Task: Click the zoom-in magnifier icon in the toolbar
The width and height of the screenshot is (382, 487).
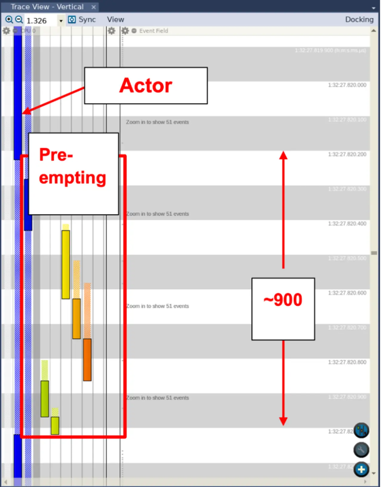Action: coord(9,20)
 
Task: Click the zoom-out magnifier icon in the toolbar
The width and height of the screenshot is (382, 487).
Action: coord(19,20)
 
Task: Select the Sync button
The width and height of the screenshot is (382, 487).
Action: coord(82,20)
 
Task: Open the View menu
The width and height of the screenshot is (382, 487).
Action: coord(115,20)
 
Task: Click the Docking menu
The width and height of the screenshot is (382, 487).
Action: coord(359,20)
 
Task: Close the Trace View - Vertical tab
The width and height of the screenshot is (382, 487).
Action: coord(93,7)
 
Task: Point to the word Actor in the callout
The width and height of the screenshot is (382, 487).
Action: coord(146,86)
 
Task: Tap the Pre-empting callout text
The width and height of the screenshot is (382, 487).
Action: coord(73,166)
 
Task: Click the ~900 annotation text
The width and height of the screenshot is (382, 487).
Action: coord(283,300)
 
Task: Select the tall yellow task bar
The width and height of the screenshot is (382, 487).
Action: coord(66,264)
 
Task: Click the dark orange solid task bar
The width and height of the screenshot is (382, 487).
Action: coord(87,360)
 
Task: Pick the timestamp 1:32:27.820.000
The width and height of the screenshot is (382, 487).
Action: coord(347,85)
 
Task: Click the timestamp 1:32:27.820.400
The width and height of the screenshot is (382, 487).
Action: coord(347,224)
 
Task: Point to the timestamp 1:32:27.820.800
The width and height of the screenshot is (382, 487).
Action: coord(347,362)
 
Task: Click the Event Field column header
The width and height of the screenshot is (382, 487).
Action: coord(153,31)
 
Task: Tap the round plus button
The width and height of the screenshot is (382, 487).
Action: coord(361,469)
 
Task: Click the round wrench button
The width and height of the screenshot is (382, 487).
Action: coord(361,450)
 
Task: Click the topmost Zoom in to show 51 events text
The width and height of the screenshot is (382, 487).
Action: coord(157,122)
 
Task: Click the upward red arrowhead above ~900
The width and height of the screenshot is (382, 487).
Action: coord(283,155)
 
